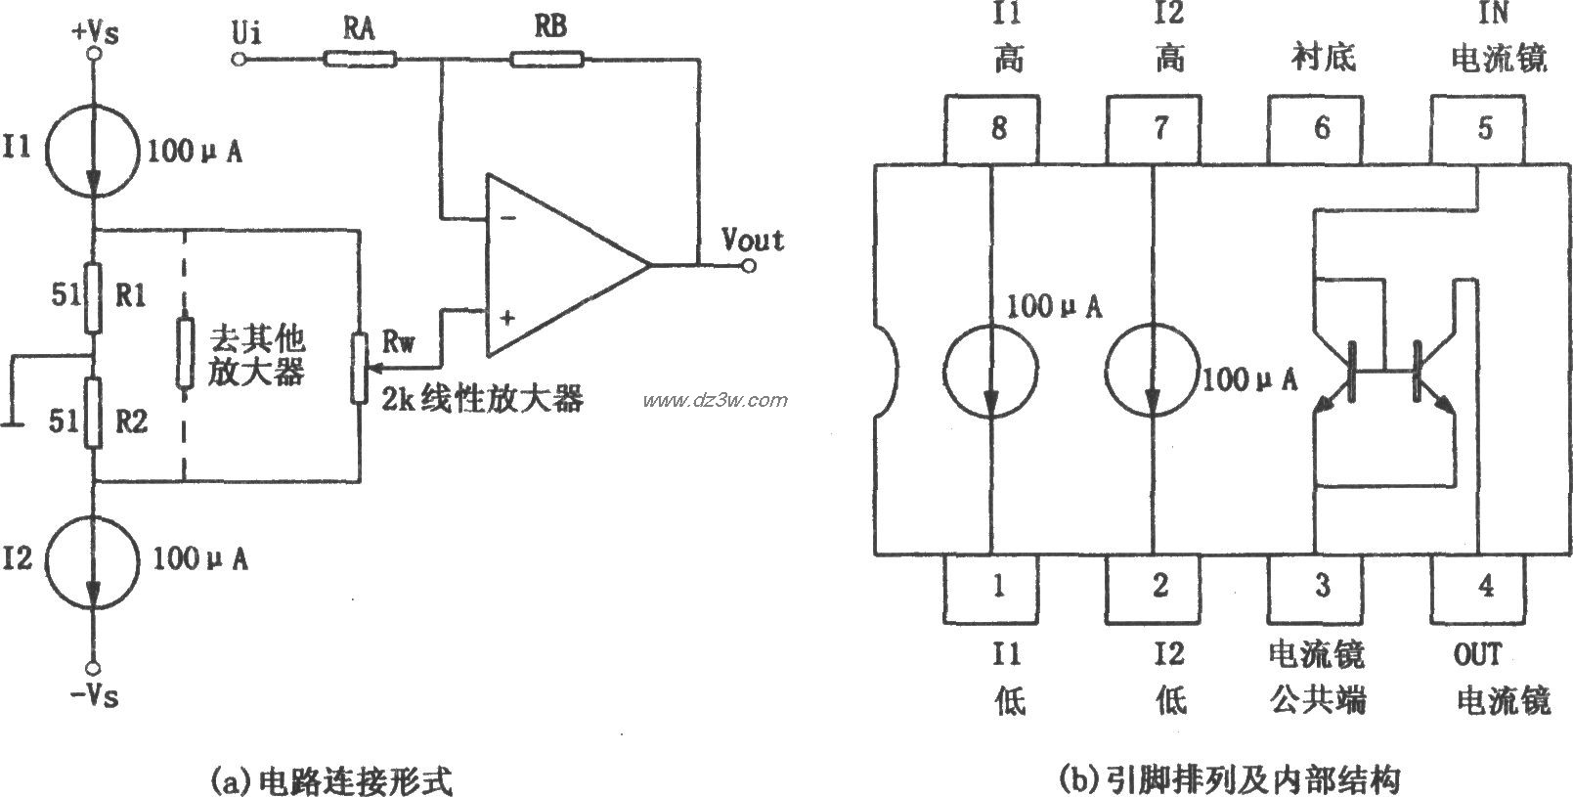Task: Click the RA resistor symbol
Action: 360,60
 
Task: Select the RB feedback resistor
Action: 547,60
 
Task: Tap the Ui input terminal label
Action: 244,34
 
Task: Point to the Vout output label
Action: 752,239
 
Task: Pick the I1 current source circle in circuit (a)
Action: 94,153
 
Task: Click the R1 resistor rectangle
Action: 93,296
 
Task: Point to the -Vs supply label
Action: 94,696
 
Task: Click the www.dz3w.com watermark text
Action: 715,400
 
